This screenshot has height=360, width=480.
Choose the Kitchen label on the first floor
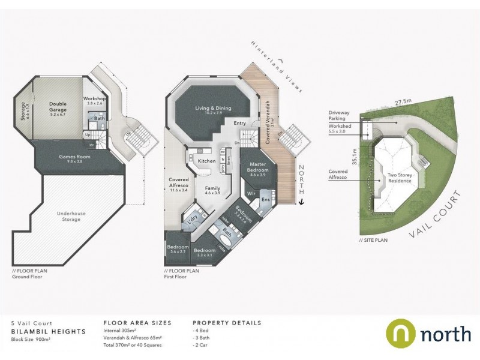[x=206, y=161]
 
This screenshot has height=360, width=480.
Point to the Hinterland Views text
[x=278, y=65]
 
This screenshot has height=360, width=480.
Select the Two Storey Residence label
[x=399, y=178]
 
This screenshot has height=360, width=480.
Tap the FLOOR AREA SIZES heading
[x=137, y=323]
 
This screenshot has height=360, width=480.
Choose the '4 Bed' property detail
[x=201, y=331]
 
